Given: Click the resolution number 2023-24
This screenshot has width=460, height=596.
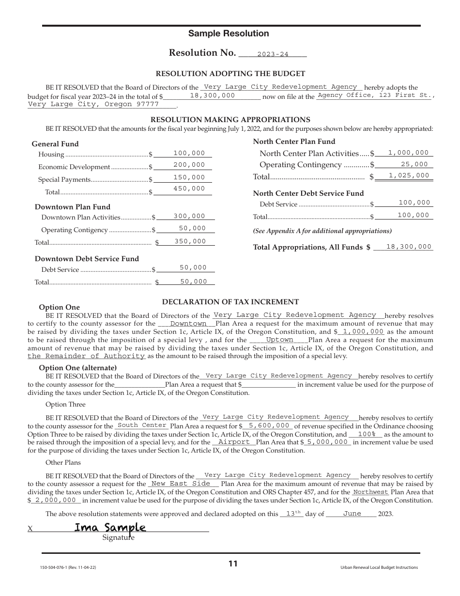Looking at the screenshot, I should coord(273,54).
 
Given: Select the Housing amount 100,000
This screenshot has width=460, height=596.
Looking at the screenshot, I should coord(189,153).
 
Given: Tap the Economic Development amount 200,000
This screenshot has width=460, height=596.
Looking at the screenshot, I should coord(189,165).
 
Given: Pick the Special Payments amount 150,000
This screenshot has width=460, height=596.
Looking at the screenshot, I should coord(189,178).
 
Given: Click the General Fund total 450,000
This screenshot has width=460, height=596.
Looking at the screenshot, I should coord(189,189).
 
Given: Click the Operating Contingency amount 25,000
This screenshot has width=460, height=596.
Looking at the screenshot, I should coord(414,165).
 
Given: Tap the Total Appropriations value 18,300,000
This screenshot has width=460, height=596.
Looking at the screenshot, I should coord(409,247).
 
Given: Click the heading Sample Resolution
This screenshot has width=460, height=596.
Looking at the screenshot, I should coord(229,33).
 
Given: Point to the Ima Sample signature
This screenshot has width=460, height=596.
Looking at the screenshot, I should coord(110,527).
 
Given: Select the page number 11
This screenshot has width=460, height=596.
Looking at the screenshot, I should coord(233,564).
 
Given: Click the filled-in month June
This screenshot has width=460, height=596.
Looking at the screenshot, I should coord(352,514).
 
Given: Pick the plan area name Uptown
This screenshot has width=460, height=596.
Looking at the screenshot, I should coord(280,340).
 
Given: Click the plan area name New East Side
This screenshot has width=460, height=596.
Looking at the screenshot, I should coord(181,484).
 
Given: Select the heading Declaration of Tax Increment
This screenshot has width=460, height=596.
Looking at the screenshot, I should coord(230,301).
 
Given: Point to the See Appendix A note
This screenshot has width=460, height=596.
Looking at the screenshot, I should coord(322,231).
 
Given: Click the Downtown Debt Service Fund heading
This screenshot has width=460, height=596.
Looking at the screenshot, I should coord(87,259).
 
